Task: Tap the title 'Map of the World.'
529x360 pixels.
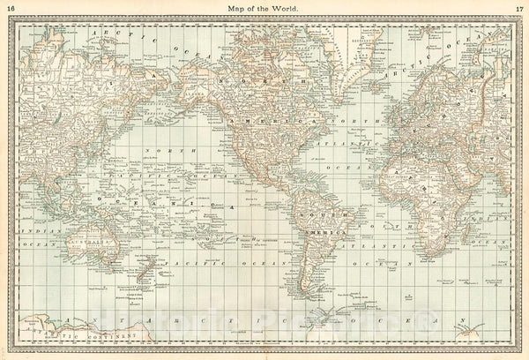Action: [x=264, y=8]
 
